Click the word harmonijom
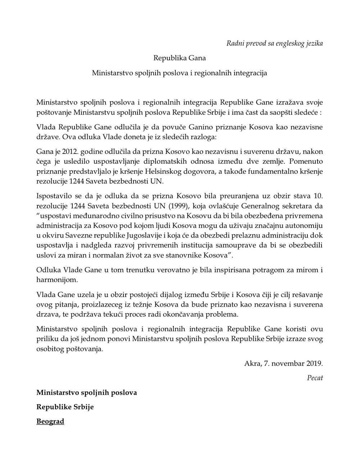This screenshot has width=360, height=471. click(x=52, y=279)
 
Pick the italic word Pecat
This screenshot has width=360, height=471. click(x=315, y=378)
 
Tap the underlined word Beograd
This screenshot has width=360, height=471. click(x=50, y=421)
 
